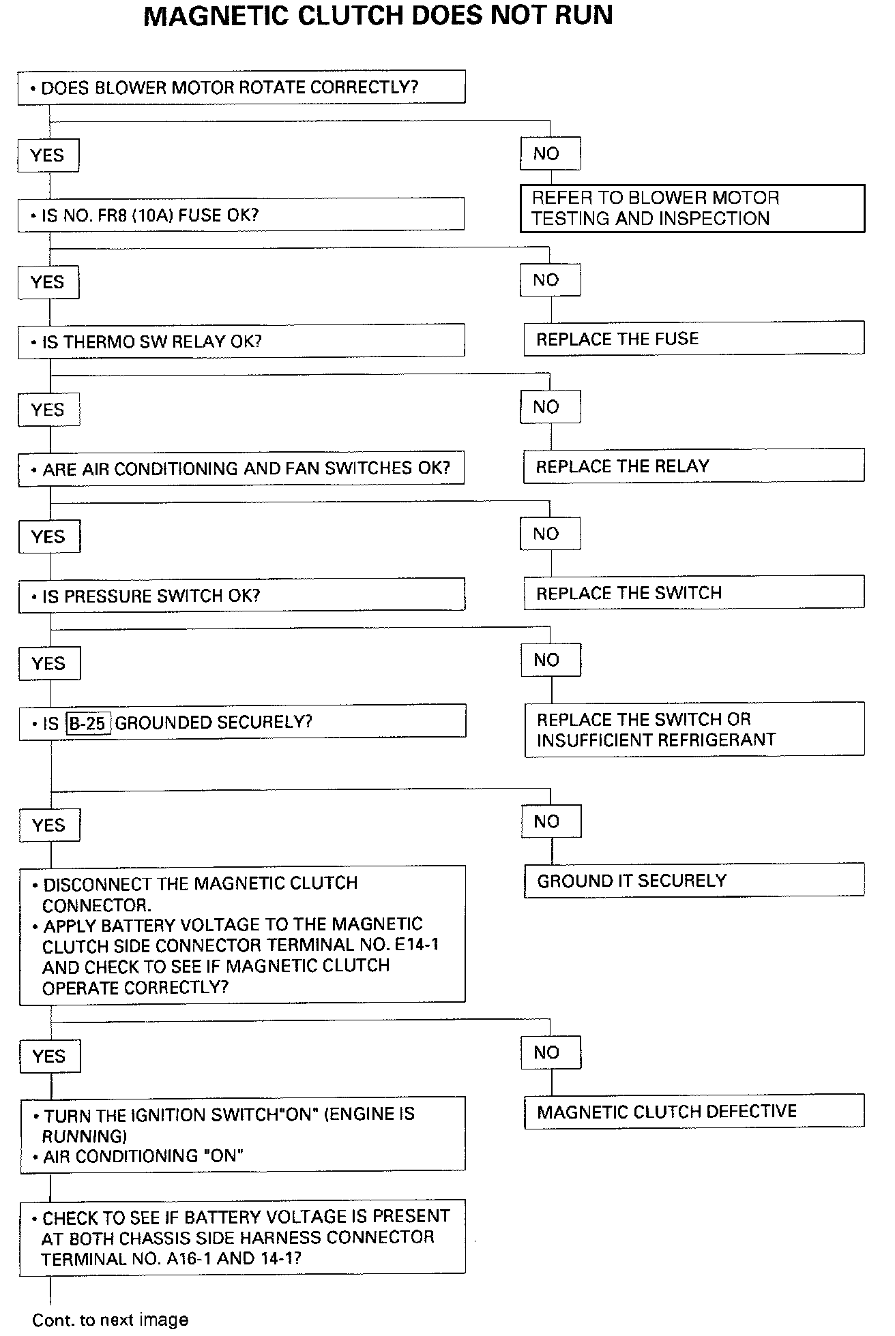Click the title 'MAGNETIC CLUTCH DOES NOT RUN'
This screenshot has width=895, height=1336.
(378, 16)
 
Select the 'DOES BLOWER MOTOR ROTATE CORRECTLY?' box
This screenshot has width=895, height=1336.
(241, 88)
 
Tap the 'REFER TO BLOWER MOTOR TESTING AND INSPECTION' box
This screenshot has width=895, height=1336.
(692, 209)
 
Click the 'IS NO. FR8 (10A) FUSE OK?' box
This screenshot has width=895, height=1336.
(241, 215)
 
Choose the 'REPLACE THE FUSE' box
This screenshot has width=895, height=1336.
(693, 339)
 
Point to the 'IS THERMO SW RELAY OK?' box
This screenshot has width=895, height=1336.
(241, 341)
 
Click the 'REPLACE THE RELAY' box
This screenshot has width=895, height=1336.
(693, 466)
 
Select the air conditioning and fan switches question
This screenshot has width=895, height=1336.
(241, 469)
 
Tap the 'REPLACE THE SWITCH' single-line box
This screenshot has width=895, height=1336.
(693, 593)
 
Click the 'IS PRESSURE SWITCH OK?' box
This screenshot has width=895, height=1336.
(241, 596)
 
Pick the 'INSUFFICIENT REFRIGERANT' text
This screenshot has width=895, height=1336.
(656, 740)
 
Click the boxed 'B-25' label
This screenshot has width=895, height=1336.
(88, 723)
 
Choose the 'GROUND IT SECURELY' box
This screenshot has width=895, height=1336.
(693, 881)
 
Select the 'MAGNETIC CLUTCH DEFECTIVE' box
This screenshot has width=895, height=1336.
(693, 1112)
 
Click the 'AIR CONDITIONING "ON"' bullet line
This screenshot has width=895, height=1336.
(143, 1156)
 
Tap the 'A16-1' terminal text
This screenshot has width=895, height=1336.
(188, 1259)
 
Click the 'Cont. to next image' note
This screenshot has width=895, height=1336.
(110, 1320)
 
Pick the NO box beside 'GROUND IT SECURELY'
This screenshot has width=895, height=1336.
(551, 822)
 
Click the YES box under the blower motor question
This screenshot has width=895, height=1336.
(48, 156)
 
